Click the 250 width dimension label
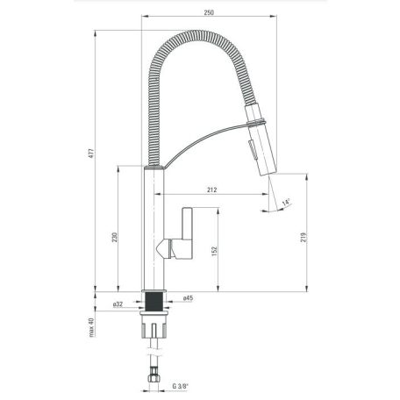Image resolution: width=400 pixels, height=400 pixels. (x=209, y=12)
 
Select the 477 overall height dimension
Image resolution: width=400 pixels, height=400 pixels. (x=92, y=154)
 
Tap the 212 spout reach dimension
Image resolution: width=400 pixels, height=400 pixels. (x=212, y=189)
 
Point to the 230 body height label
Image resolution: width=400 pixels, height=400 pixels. (x=115, y=237)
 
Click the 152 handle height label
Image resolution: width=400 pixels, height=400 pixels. (x=214, y=251)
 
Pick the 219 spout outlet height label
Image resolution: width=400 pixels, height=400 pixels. (x=304, y=237)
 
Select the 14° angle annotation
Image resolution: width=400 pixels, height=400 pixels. (x=286, y=203)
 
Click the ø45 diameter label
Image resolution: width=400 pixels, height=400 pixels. (x=188, y=298)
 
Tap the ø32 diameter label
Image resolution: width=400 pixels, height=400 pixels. (x=118, y=304)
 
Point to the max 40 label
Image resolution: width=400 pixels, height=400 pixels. (x=92, y=327)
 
